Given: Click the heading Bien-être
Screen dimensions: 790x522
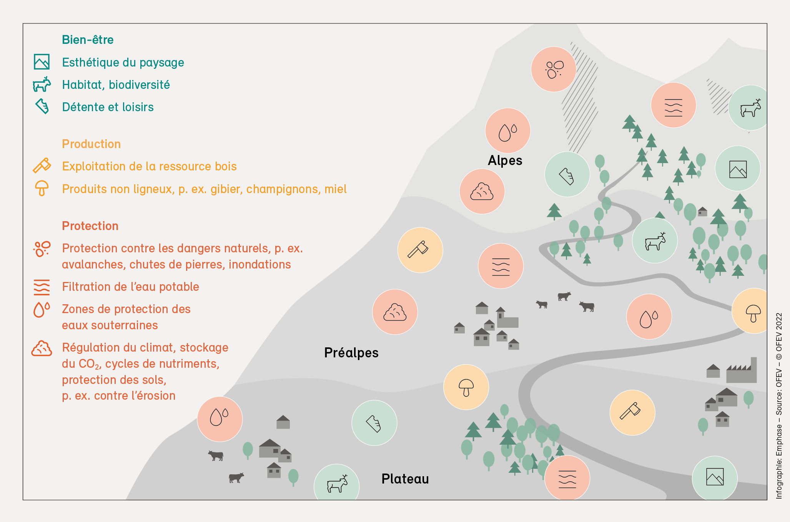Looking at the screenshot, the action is coord(88,40).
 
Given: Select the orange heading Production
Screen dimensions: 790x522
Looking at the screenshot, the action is coord(91,144).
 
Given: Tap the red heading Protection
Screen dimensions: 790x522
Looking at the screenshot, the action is coord(90,226).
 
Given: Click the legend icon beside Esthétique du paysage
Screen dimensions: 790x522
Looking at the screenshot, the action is coord(42,62).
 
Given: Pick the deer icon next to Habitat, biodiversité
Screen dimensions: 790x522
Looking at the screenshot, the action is coord(42,84).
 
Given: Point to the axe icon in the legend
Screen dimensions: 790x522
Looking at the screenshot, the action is coord(42,165).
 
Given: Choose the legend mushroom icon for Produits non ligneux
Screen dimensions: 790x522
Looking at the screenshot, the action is coord(42,188).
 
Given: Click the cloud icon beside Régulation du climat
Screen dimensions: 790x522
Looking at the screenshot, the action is coord(42,349).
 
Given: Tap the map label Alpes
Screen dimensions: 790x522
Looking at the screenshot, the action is coord(505,160).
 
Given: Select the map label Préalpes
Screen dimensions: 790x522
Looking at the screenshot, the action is coord(351,353).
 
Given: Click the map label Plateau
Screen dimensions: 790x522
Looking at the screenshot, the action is coord(405,479).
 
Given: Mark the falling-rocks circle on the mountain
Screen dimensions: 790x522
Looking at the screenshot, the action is coord(554,69).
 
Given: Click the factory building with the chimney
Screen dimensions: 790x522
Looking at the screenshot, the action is coord(741,370).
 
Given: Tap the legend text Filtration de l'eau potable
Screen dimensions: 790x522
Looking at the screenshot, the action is coord(131,287).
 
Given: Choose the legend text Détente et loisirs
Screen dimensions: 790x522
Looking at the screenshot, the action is coord(108,107).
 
